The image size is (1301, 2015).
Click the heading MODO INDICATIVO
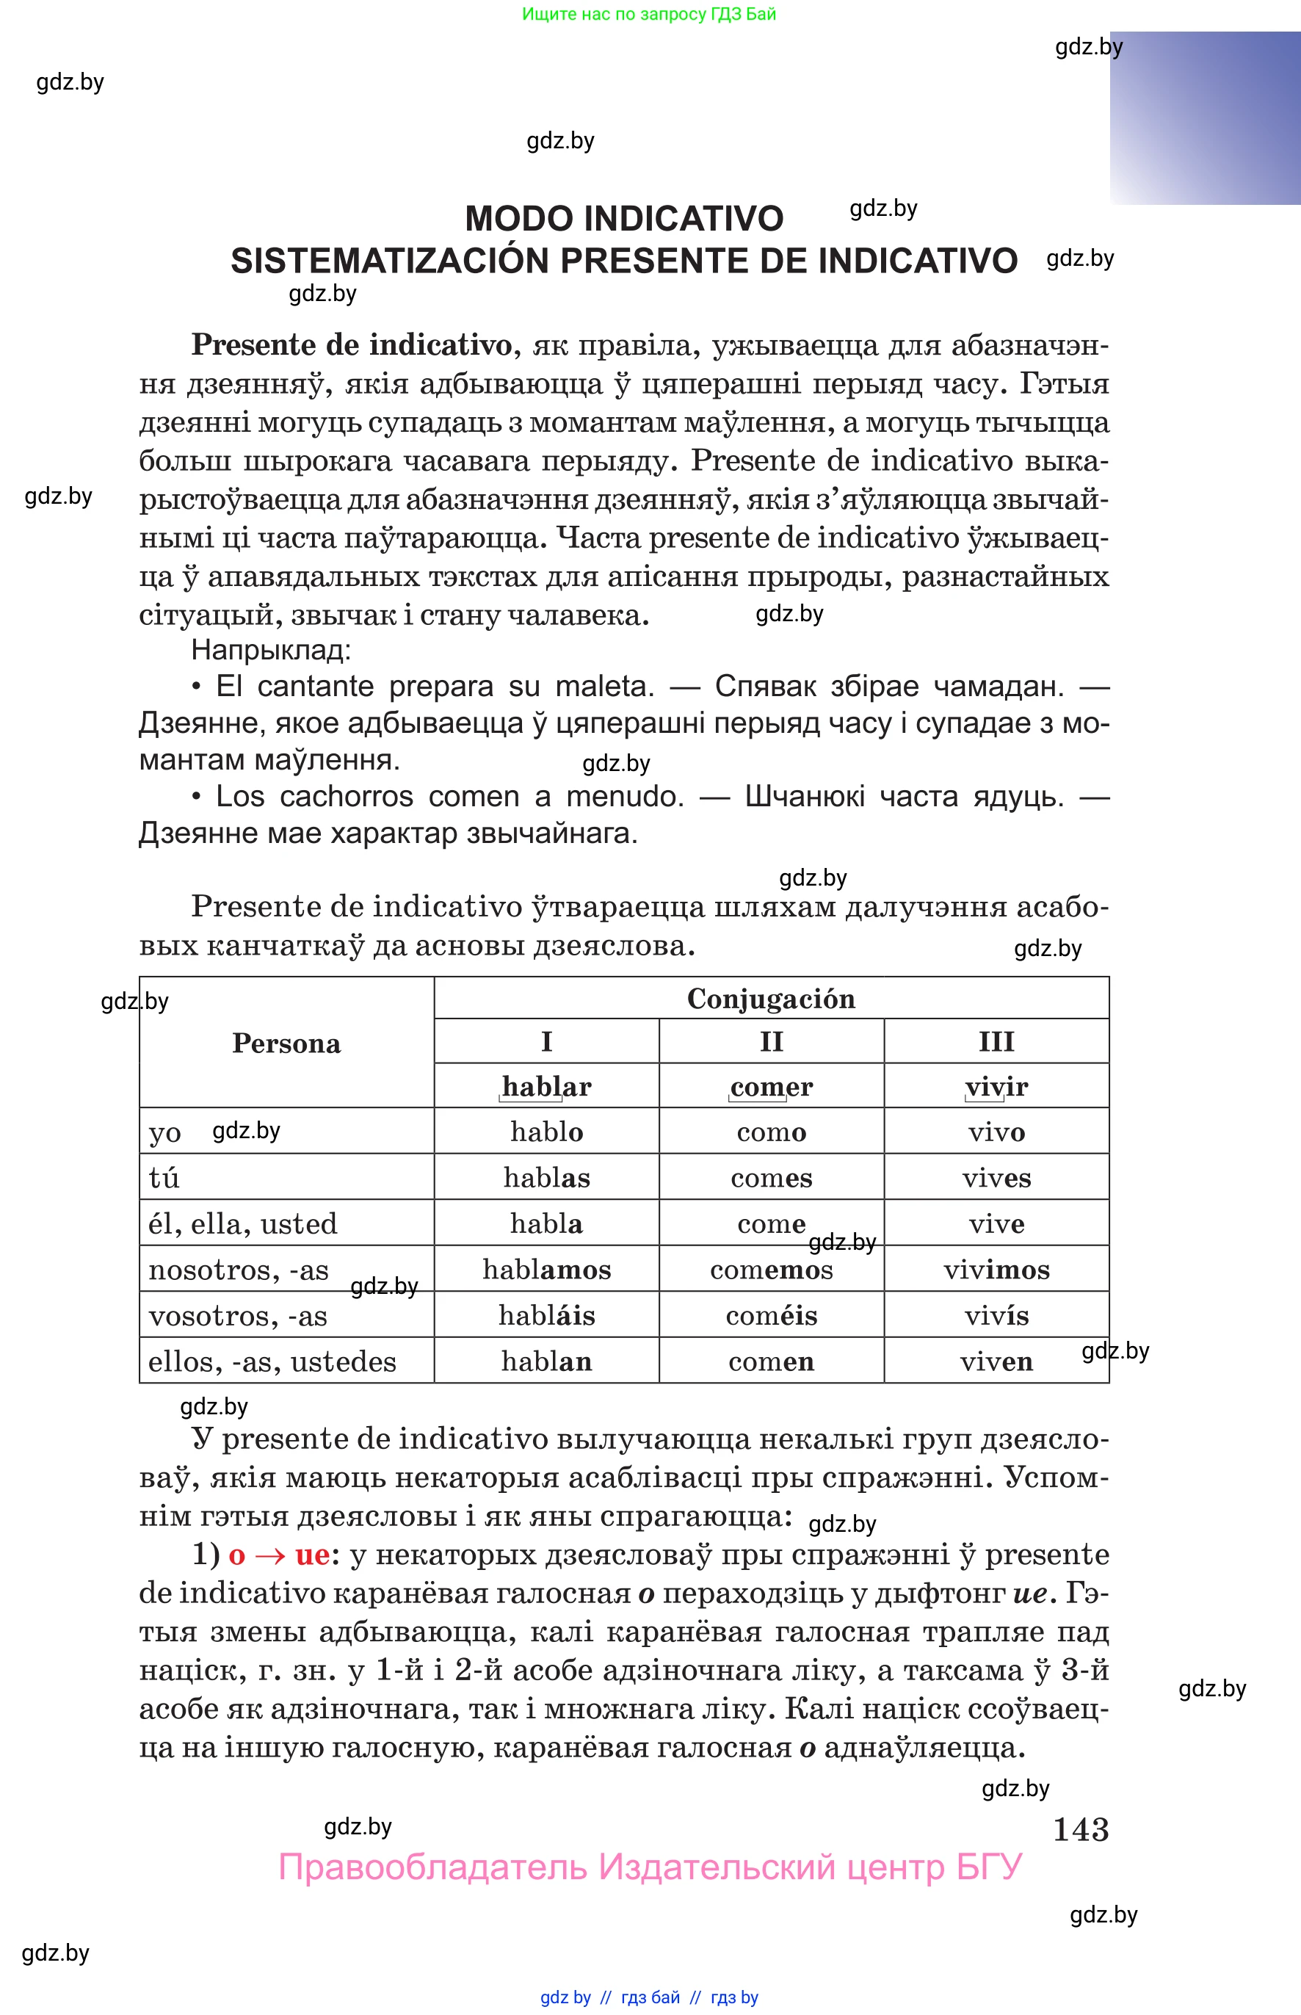click(623, 219)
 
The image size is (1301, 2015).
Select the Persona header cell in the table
click(286, 1043)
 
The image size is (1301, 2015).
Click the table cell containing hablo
click(546, 1132)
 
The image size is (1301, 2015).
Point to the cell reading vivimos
click(996, 1269)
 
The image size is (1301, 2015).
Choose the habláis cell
click(546, 1314)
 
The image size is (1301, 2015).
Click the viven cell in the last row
click(996, 1361)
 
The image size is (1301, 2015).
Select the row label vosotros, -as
click(237, 1315)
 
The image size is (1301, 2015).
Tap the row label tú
click(164, 1178)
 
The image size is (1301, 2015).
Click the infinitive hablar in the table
click(546, 1087)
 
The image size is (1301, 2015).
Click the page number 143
click(1081, 1829)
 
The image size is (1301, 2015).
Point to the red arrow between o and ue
click(269, 1555)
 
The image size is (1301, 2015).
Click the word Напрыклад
click(270, 650)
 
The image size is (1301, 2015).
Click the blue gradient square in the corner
click(1205, 117)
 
